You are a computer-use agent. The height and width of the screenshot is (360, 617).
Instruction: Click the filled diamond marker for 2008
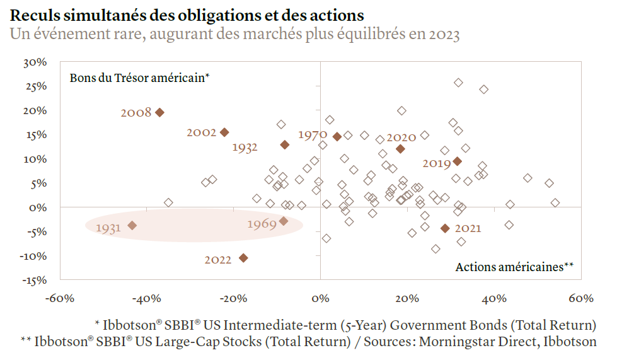[x=160, y=112]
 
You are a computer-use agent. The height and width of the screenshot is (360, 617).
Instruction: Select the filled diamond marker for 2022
[x=243, y=258]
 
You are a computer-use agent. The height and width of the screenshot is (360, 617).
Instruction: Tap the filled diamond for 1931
[x=132, y=225]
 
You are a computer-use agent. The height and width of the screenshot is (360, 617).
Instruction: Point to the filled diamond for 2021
[x=445, y=228]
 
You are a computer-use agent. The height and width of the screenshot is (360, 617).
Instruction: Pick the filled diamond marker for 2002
[x=224, y=132]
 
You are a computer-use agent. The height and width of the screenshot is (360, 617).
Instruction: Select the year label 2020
[x=401, y=137]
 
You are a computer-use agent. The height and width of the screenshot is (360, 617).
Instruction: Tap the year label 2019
[x=437, y=163]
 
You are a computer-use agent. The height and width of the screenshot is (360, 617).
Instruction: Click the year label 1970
[x=312, y=135]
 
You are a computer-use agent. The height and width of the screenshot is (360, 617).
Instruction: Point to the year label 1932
[x=245, y=148]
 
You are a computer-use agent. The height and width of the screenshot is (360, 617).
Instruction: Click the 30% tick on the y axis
[x=35, y=62]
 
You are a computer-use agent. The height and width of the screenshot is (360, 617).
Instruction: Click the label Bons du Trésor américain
[x=139, y=78]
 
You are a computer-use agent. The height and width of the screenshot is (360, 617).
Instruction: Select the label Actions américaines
[x=514, y=267]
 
